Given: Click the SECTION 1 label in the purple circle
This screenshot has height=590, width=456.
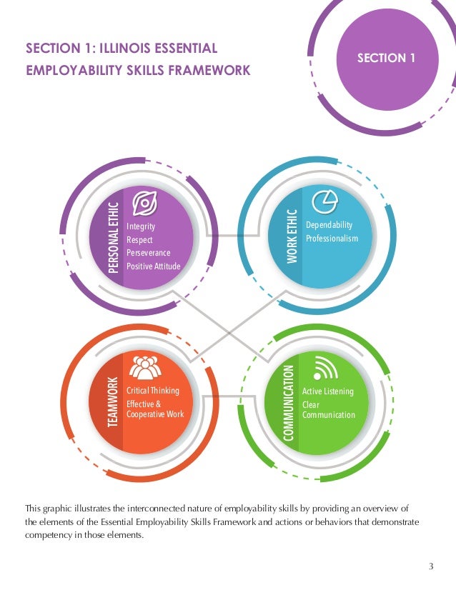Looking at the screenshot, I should [x=386, y=58].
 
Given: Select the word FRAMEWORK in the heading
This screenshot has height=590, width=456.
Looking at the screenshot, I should [x=214, y=70].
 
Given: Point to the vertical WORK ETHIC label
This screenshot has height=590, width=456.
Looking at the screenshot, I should [x=292, y=236].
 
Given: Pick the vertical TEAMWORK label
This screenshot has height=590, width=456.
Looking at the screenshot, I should [x=112, y=402].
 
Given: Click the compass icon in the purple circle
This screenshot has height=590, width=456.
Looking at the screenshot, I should [x=145, y=204].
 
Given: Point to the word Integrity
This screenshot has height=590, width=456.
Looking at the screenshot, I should [x=141, y=226].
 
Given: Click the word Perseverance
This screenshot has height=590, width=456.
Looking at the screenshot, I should [x=149, y=253].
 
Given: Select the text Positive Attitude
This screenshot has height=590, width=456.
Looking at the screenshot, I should [x=154, y=266].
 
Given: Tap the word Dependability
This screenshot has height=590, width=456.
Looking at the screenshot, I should [x=329, y=225].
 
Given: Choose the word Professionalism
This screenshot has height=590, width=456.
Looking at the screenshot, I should [x=332, y=238].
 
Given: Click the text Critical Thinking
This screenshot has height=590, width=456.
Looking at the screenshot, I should [x=153, y=391].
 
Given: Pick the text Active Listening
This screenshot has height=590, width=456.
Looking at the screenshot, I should [x=328, y=391].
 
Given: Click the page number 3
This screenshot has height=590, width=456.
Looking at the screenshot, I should [x=431, y=567].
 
